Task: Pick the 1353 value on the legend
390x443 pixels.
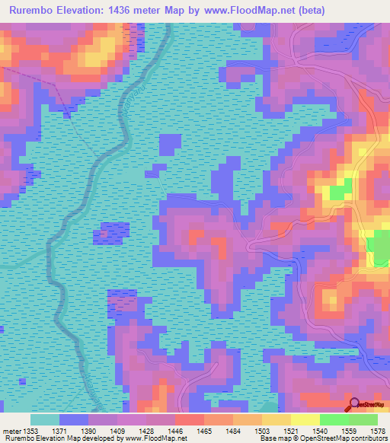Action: pos(30,430)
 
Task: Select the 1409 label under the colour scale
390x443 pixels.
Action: pos(117,430)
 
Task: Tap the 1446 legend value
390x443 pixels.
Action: pos(174,430)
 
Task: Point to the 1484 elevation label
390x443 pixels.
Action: pos(232,430)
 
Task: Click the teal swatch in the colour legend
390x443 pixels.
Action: pos(45,419)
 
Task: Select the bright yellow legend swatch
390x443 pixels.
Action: pos(305,419)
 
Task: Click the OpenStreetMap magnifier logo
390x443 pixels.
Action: pos(354,404)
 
